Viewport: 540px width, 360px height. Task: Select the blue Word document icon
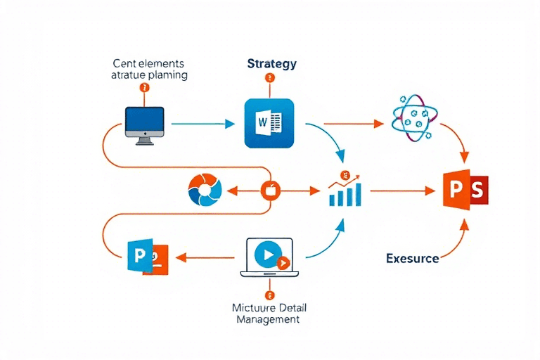268,123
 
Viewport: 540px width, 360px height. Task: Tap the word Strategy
272,63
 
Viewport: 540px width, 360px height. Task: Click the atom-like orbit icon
413,116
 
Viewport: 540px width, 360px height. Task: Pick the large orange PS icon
465,190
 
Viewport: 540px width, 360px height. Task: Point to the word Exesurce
413,258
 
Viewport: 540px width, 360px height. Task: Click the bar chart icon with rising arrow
345,191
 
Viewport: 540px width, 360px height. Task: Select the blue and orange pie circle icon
205,190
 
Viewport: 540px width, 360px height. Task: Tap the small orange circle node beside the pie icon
271,190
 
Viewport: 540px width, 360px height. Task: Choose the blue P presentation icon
147,257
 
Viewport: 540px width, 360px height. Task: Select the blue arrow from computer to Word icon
202,124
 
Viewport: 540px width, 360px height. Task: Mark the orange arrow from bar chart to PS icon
401,191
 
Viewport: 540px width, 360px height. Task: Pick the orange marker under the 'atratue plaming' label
145,88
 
